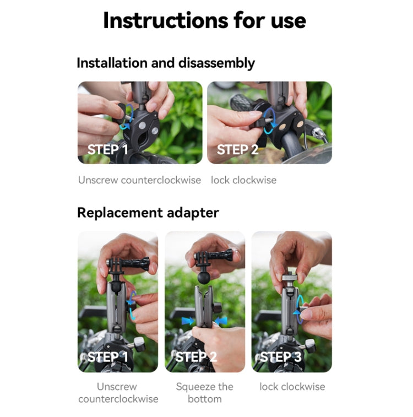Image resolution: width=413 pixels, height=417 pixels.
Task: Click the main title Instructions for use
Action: (x=204, y=21)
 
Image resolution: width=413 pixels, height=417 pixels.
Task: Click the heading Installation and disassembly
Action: (x=165, y=63)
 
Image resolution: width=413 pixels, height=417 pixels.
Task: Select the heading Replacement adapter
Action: (x=148, y=213)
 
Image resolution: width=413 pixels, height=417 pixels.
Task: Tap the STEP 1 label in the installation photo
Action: (x=107, y=149)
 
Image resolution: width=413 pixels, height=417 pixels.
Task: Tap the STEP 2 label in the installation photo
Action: (x=237, y=149)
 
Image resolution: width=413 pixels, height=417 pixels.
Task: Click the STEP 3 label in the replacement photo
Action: (x=281, y=357)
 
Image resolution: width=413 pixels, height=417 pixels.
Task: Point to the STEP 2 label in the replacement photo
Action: (x=195, y=357)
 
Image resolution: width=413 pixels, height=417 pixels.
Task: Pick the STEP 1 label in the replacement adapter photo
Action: (x=108, y=357)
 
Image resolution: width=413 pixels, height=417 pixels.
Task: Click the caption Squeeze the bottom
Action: (x=204, y=392)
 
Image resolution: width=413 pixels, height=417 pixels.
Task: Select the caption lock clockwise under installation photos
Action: (x=243, y=180)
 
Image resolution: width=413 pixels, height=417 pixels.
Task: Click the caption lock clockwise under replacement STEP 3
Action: (x=292, y=387)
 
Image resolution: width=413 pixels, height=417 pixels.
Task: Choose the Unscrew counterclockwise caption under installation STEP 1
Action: (x=139, y=180)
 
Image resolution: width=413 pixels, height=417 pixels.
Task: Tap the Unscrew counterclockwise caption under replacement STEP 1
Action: (x=117, y=392)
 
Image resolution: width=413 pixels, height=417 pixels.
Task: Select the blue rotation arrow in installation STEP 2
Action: (x=269, y=123)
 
